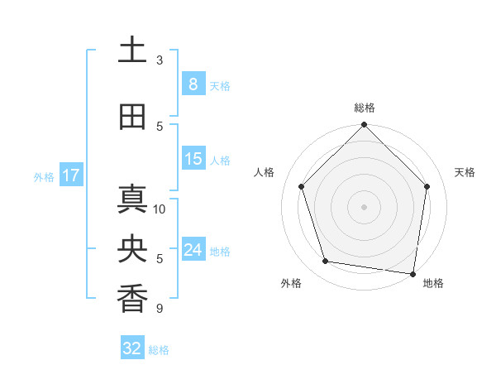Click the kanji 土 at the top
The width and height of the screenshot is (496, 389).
[x=132, y=50]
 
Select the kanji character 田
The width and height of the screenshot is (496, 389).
[x=132, y=118]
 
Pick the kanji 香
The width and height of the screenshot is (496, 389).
[x=132, y=299]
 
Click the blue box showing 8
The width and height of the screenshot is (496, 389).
[x=193, y=84]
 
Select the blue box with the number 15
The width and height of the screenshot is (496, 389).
[x=193, y=159]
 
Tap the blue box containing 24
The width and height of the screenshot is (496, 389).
[x=193, y=250]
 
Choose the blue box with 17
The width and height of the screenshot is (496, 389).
[x=70, y=175]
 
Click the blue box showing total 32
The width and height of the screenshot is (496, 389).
[x=132, y=348]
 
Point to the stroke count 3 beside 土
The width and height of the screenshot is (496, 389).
[x=160, y=60]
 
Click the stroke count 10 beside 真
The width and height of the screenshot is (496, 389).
[x=160, y=209]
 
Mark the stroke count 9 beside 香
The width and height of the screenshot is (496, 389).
[x=159, y=309]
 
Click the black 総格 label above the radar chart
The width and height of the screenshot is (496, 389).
[x=364, y=108]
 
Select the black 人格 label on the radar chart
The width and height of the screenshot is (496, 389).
[x=265, y=172]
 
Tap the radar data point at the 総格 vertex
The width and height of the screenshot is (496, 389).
[x=364, y=126]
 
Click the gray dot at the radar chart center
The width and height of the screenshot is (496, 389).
[x=364, y=206]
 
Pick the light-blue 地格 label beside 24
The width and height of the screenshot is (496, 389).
[x=220, y=251]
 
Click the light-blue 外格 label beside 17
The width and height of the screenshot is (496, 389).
[x=43, y=176]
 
